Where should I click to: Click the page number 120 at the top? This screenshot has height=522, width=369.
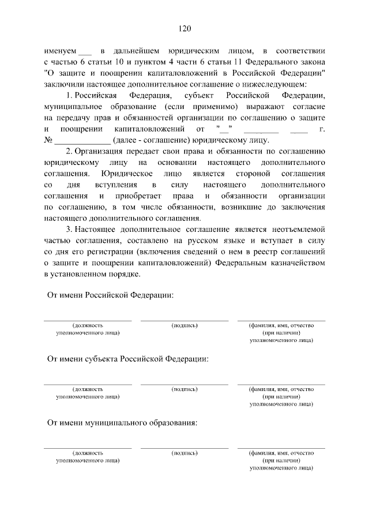point(184,29)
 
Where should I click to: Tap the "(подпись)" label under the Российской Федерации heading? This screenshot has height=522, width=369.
point(184,326)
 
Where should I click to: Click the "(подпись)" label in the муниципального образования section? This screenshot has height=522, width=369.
point(184,454)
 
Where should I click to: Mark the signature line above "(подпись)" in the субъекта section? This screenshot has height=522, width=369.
point(184,384)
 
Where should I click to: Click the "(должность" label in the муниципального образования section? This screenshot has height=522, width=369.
point(88,454)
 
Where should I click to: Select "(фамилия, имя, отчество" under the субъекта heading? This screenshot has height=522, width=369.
point(281,390)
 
